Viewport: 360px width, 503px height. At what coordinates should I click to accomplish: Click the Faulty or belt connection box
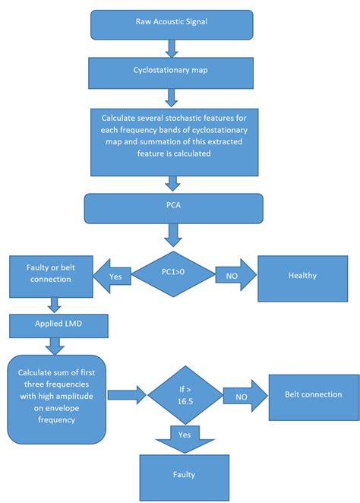(51, 277)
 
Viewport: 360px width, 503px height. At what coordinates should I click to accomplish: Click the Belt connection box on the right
(313, 394)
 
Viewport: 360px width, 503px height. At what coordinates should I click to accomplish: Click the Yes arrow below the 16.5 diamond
(174, 437)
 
